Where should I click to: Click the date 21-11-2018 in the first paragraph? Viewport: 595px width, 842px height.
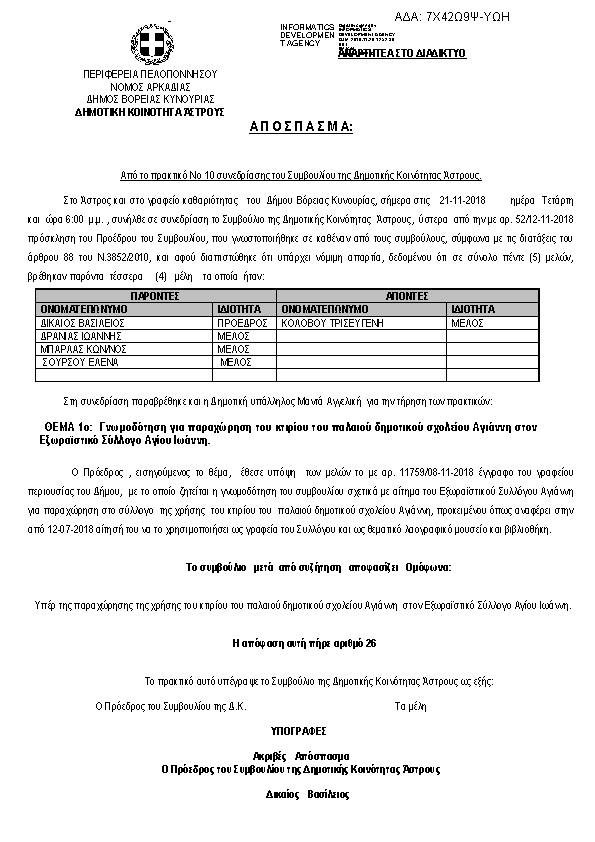pyautogui.click(x=460, y=200)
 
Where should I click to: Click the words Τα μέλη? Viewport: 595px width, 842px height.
pyautogui.click(x=411, y=706)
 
